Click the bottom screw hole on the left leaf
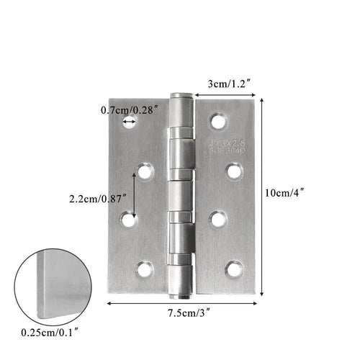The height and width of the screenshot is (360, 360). coord(145,270)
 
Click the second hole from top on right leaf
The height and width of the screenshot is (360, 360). coord(233,171)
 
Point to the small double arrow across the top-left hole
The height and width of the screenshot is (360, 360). coord(130,123)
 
